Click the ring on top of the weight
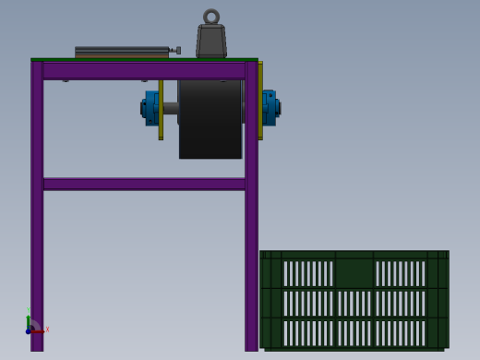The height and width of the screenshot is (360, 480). [x=211, y=17]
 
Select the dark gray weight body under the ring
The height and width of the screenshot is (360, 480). [x=211, y=42]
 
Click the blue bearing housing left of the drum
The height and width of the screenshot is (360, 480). [x=150, y=107]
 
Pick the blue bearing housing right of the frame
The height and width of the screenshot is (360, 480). [x=270, y=107]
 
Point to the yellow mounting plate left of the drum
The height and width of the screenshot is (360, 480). [x=161, y=109]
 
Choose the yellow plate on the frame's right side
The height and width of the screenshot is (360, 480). [x=260, y=100]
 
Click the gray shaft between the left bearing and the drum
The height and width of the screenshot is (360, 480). [x=170, y=108]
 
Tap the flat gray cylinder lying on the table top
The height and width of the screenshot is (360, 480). [x=121, y=52]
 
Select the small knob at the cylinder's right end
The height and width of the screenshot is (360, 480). [x=177, y=51]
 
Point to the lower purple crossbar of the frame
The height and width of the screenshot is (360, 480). [x=144, y=184]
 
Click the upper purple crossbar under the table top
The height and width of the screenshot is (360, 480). [x=144, y=70]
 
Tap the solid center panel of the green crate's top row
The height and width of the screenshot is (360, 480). [x=354, y=273]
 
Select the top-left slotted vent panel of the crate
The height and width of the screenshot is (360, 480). [x=307, y=273]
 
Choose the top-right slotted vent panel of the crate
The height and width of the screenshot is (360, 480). [x=400, y=273]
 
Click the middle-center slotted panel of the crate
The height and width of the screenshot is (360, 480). [x=354, y=303]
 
